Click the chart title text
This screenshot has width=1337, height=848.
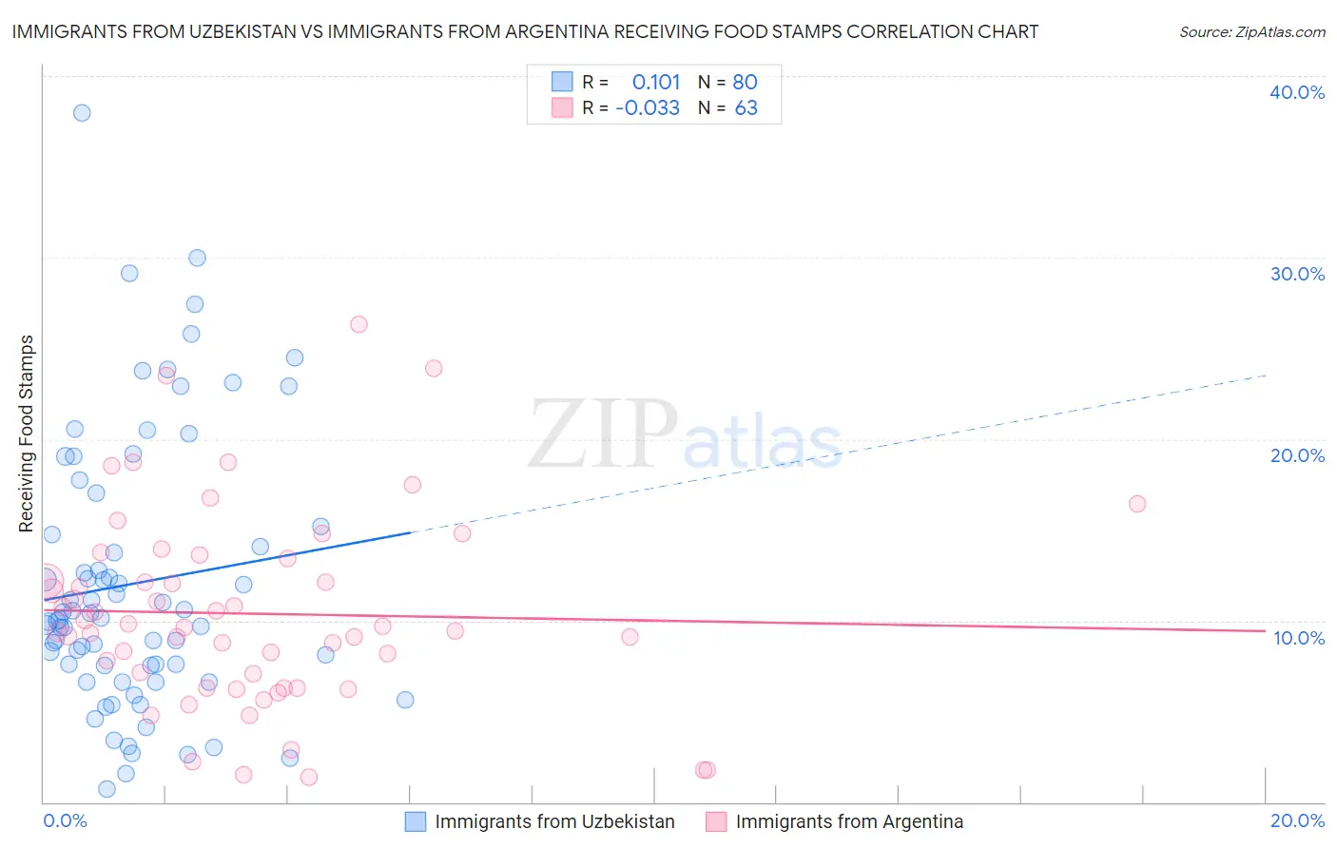pyautogui.click(x=525, y=32)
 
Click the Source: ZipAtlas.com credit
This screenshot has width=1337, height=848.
pyautogui.click(x=1251, y=32)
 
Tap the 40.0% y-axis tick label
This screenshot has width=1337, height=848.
pyautogui.click(x=1297, y=92)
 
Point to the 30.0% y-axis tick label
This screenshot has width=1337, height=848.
pyautogui.click(x=1297, y=274)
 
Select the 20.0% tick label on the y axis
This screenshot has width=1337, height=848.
pyautogui.click(x=1297, y=455)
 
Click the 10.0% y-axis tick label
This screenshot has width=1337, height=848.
pyautogui.click(x=1298, y=638)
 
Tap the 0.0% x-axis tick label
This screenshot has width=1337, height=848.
pyautogui.click(x=65, y=820)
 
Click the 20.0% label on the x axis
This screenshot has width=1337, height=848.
pyautogui.click(x=1297, y=820)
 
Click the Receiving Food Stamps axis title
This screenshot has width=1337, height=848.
pyautogui.click(x=27, y=434)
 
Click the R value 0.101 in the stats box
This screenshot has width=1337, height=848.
pyautogui.click(x=656, y=83)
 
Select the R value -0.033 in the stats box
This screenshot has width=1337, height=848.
pyautogui.click(x=648, y=108)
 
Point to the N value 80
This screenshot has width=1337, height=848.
pyautogui.click(x=746, y=83)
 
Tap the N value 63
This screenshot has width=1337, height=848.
pyautogui.click(x=746, y=108)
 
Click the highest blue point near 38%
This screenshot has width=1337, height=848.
pyautogui.click(x=82, y=113)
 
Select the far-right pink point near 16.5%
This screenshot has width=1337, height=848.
pyautogui.click(x=1137, y=504)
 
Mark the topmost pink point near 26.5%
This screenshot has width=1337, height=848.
pyautogui.click(x=358, y=324)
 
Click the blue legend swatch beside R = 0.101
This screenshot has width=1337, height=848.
pyautogui.click(x=562, y=82)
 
